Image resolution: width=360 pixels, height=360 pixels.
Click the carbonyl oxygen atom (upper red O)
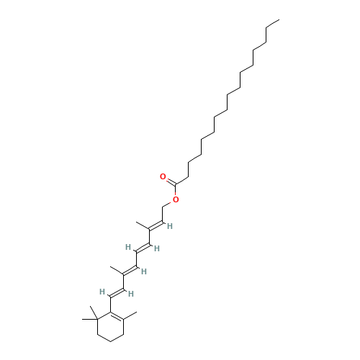163,176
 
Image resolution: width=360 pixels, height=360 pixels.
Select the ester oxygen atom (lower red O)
176,199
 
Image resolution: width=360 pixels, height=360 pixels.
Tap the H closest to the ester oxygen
170,225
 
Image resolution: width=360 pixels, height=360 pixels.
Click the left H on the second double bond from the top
128,247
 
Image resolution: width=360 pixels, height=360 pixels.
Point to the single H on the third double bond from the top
144,271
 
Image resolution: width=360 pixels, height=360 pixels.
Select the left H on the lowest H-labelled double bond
102,292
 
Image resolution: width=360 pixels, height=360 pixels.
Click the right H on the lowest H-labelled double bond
132,293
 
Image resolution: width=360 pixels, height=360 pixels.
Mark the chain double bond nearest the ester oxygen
154,227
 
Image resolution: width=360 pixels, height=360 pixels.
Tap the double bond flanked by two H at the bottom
117,292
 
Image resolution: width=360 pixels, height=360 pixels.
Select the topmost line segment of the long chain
272,24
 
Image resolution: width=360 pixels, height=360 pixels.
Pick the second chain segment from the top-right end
263,36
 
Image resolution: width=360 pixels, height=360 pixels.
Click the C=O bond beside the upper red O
169,179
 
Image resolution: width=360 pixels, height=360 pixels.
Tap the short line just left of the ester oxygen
165,204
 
